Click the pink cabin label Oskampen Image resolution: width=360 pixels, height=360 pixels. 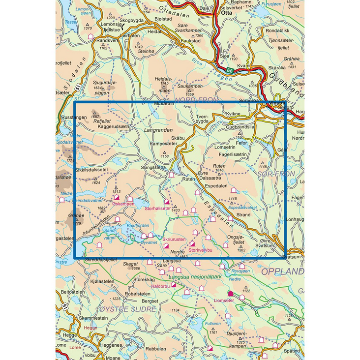[x=123, y=204]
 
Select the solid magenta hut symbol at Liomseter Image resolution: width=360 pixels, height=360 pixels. [x=229, y=294]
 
